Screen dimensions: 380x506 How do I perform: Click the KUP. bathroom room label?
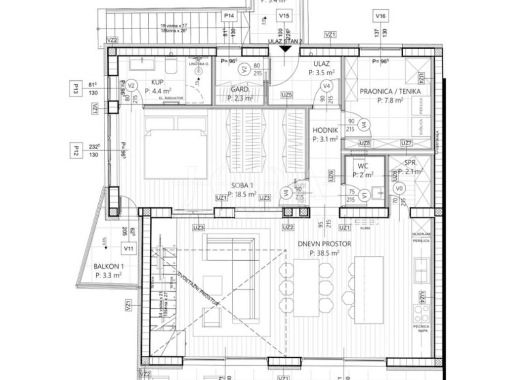(158, 83)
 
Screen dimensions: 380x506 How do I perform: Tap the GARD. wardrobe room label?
(240, 90)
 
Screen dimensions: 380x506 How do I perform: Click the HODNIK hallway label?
(325, 131)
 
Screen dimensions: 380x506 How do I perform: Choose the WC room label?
(364, 165)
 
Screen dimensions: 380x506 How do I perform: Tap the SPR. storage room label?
(411, 162)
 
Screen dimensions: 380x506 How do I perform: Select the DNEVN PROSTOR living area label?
(324, 244)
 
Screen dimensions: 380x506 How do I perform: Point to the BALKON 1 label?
(107, 267)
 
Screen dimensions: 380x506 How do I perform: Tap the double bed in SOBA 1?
(175, 147)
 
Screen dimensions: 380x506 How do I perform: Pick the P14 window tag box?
(228, 16)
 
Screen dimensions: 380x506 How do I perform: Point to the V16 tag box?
(380, 16)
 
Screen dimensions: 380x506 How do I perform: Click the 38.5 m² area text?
(324, 253)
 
